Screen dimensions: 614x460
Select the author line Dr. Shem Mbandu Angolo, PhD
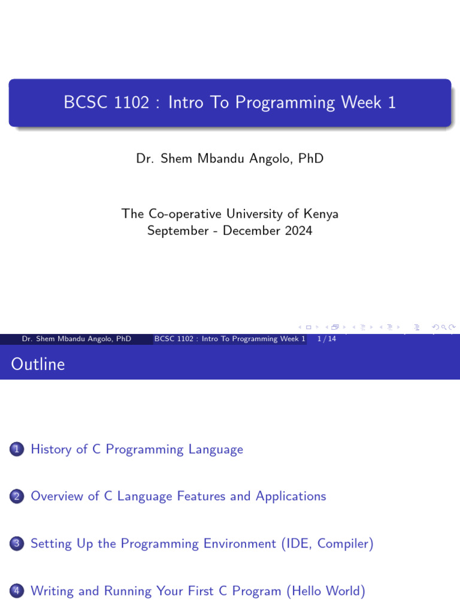coord(230,159)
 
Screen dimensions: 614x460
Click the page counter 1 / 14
coord(326,339)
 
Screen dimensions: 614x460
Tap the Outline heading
coord(38,364)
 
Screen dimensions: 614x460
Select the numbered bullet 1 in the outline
coord(16,449)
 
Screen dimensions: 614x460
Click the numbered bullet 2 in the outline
coord(16,496)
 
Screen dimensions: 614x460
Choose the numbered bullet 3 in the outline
coord(16,544)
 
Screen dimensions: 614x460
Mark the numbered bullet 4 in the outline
coord(16,591)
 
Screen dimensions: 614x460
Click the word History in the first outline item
coord(51,449)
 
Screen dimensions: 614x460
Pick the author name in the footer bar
coord(77,339)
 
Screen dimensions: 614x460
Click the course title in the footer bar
coord(230,339)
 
